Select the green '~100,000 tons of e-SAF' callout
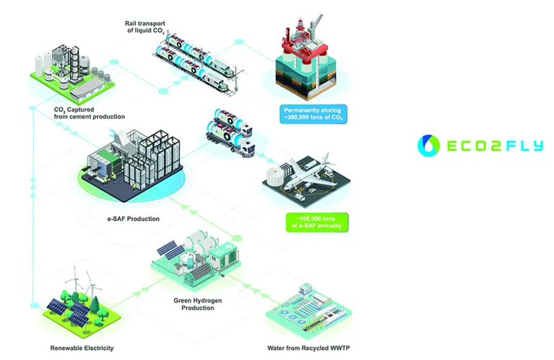click(316, 222)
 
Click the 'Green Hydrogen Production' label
click(194, 303)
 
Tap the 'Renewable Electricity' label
click(82, 348)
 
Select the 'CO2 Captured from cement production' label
click(89, 112)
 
